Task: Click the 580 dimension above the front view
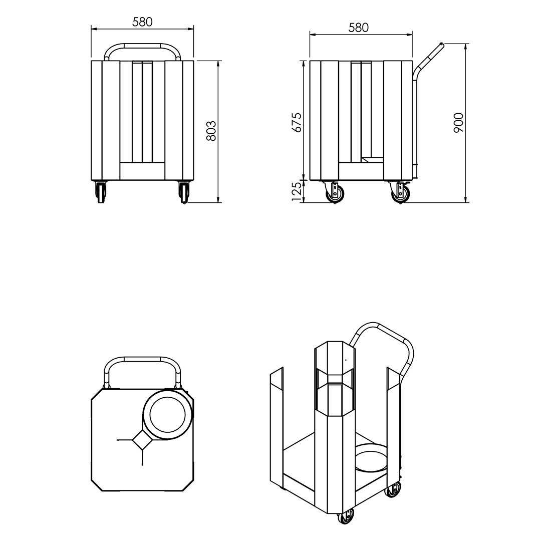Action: (x=142, y=22)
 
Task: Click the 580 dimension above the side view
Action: (x=359, y=28)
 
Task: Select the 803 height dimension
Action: (x=211, y=131)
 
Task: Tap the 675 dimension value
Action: (x=297, y=122)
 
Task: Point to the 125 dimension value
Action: (x=297, y=191)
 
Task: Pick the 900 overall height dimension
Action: (x=459, y=123)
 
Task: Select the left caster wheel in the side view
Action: (x=335, y=194)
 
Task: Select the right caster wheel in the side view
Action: (x=401, y=194)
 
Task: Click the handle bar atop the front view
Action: (x=142, y=46)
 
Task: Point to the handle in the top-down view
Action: (x=142, y=360)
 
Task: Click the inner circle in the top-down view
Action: (x=167, y=414)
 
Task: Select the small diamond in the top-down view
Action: (x=143, y=439)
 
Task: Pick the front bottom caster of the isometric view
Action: (x=346, y=516)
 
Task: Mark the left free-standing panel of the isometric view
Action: (x=277, y=426)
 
